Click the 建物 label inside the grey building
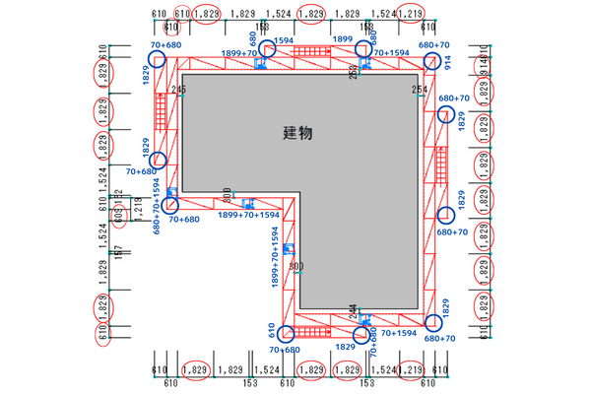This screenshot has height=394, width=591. click(x=297, y=132)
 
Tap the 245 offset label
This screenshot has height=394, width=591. click(x=178, y=90)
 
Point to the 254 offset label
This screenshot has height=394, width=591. click(x=420, y=90)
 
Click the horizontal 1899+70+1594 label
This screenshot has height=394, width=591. click(x=248, y=214)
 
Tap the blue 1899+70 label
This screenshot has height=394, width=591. click(x=236, y=52)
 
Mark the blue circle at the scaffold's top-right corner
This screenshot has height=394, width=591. click(x=430, y=62)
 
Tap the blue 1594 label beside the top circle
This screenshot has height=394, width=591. click(x=283, y=41)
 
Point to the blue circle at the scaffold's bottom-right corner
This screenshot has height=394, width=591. click(x=431, y=321)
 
